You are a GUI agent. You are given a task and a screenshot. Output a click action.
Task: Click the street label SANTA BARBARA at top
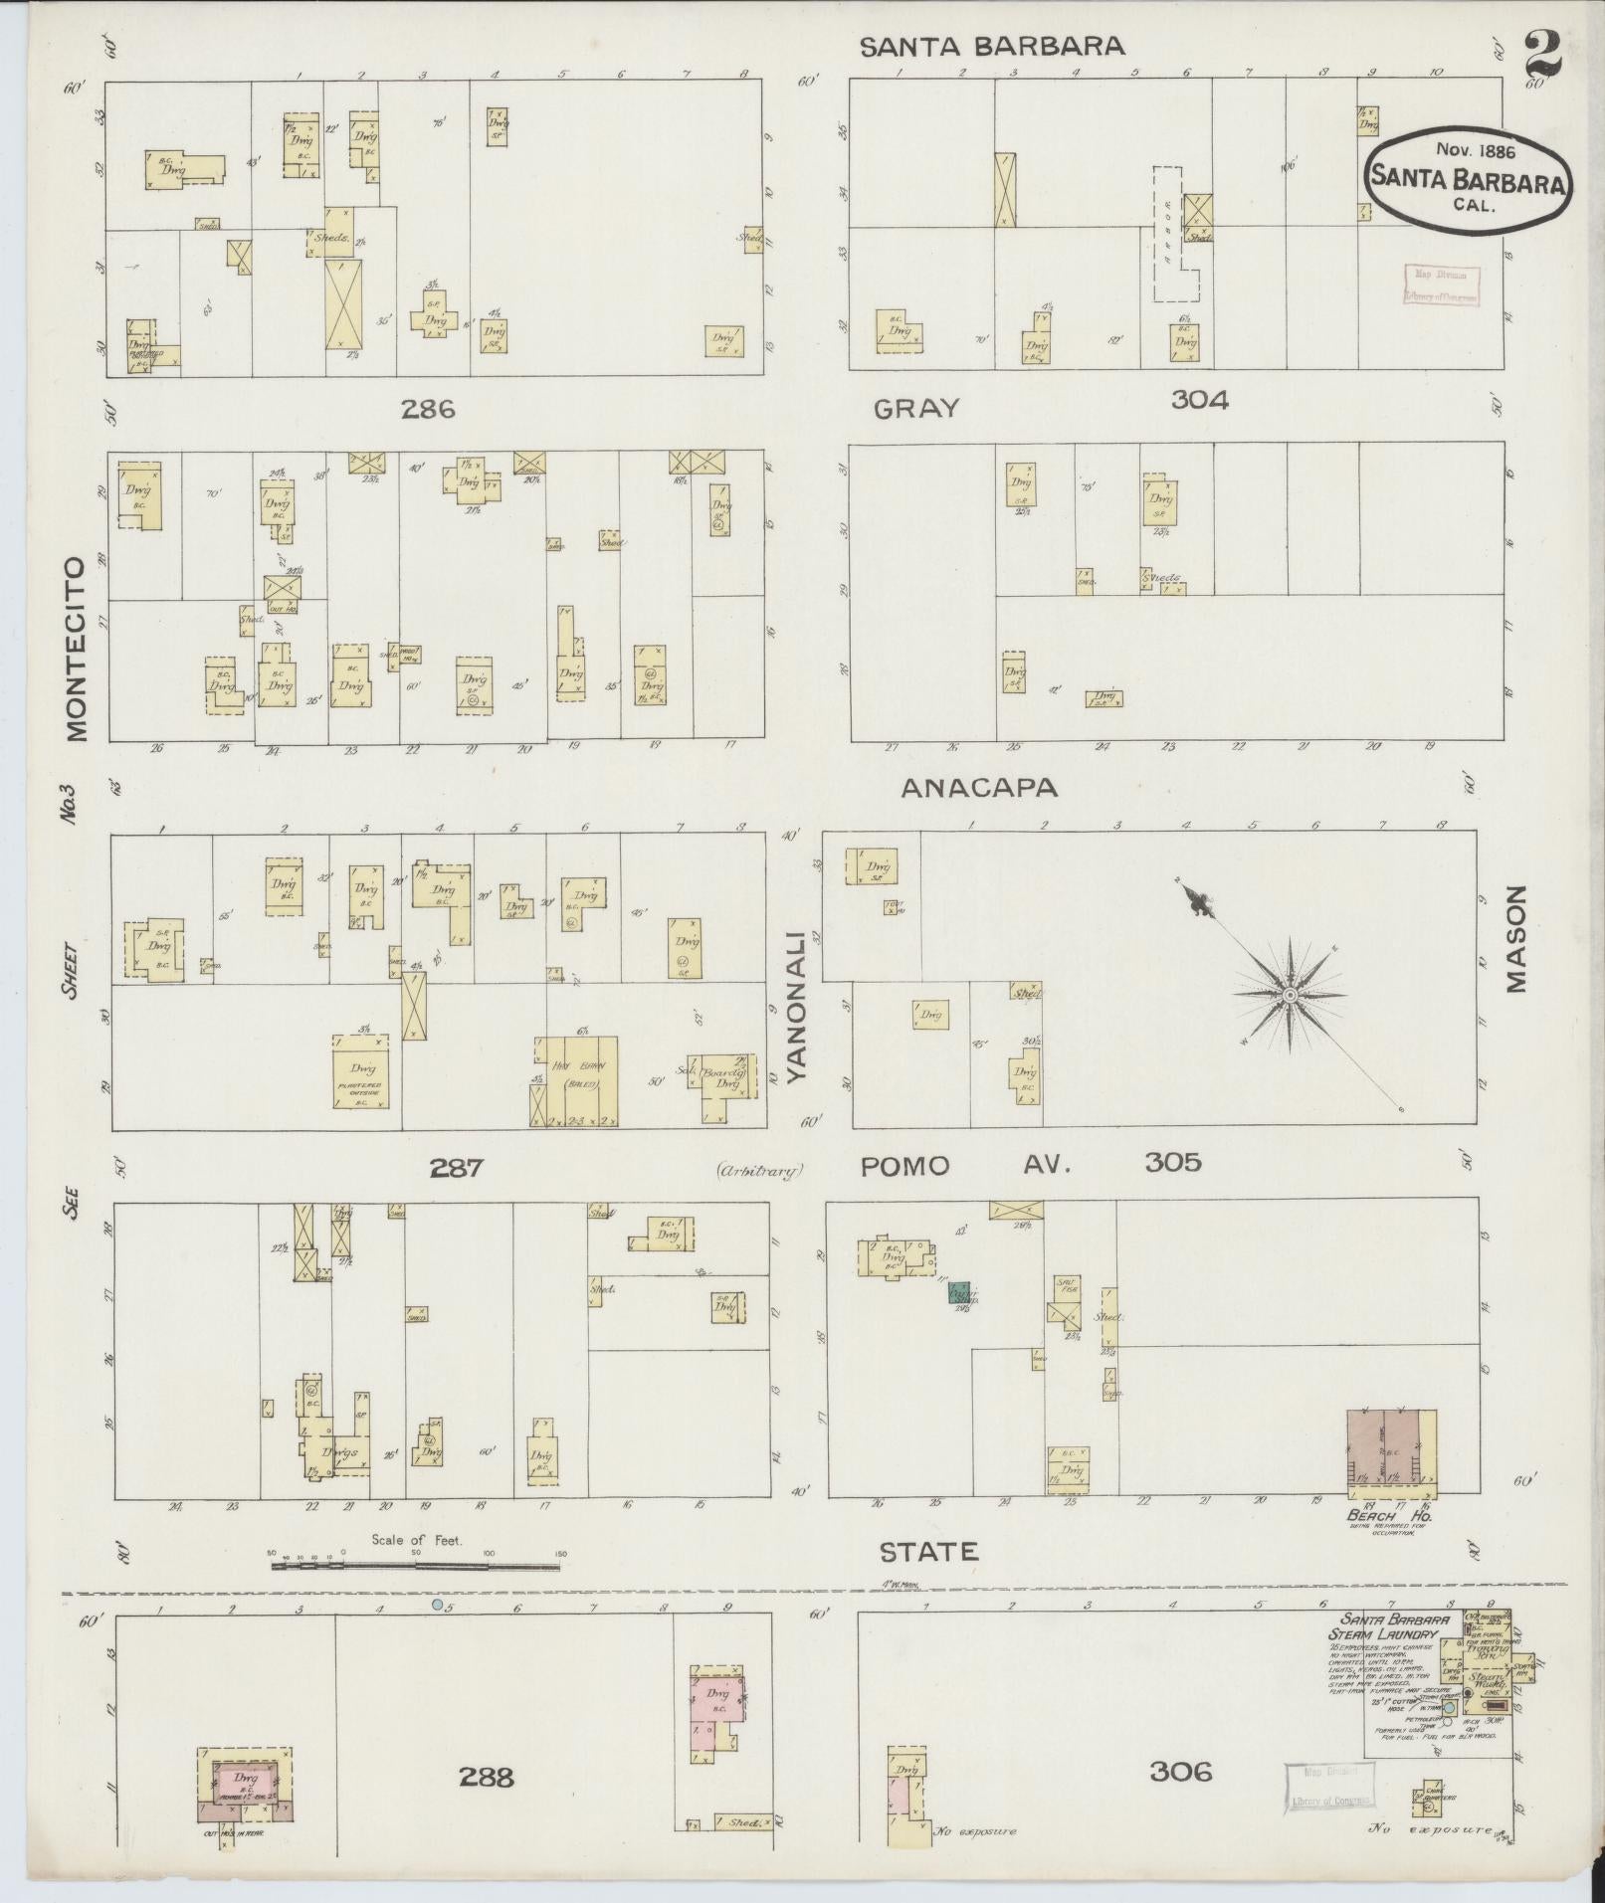(x=992, y=46)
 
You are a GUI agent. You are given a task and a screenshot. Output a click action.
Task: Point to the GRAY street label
(x=917, y=408)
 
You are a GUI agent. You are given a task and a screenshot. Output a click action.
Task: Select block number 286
(x=429, y=409)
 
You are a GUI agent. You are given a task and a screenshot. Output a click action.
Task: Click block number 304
(x=1199, y=400)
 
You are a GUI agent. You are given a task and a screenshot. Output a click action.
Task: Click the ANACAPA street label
(x=979, y=788)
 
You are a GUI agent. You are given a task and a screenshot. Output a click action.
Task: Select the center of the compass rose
(x=1290, y=995)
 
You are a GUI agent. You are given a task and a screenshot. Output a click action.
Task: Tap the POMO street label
(x=904, y=1166)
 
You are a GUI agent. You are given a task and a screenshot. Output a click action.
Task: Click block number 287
(x=456, y=1167)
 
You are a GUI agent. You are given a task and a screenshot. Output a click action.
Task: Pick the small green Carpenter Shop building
(x=959, y=1293)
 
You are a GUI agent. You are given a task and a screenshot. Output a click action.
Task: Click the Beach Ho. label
(x=1389, y=1515)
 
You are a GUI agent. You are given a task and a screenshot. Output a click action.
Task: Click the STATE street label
(x=928, y=1579)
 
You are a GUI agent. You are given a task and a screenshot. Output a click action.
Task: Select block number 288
(x=486, y=1776)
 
